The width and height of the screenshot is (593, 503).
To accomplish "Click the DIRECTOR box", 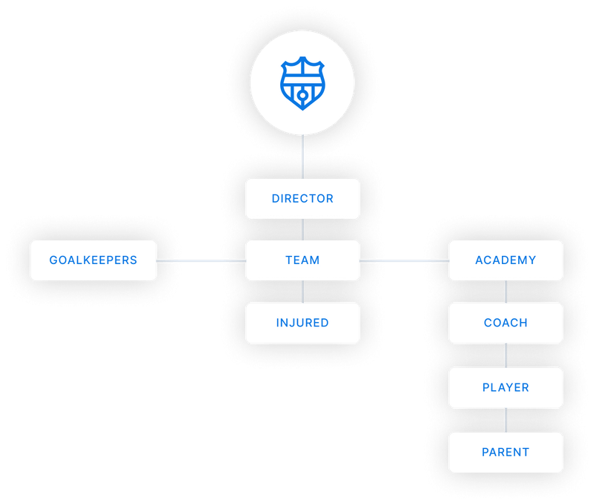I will point(302,198).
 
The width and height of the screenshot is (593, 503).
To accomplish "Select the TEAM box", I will point(302,260).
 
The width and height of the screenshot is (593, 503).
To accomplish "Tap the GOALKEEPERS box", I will point(93,260).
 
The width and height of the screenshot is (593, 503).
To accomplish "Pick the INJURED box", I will point(302,323).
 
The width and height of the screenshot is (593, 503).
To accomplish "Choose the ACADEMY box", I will point(506,260).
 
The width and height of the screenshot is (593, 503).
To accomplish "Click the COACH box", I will point(506,323).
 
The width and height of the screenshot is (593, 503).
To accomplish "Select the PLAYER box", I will point(506,387).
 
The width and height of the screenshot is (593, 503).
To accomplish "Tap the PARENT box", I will point(506,452).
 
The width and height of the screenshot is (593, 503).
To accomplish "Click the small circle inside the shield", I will point(302,96).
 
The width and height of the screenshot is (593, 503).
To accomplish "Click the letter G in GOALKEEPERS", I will point(53,260).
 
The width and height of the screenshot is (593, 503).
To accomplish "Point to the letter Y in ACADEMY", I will point(531,260).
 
